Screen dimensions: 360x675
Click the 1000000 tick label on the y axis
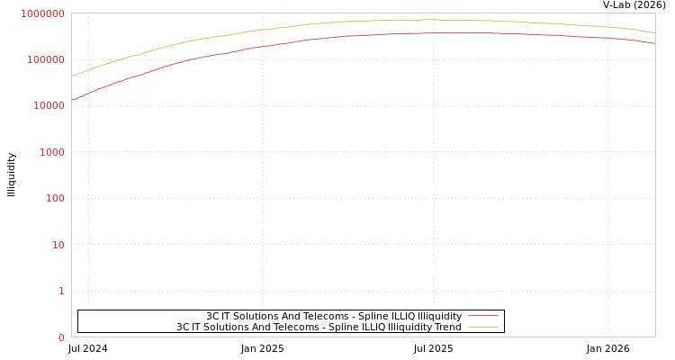pos(42,13)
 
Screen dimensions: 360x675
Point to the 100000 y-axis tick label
pos(45,59)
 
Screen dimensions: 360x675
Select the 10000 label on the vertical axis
pos(48,106)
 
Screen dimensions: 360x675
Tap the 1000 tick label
pos(51,152)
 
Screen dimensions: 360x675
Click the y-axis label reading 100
pos(54,198)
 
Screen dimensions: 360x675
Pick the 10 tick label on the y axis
pos(58,245)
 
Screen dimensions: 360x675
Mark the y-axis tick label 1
pos(61,291)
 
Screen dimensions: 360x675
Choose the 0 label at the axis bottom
pos(61,337)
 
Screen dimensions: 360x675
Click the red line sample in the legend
pos(483,317)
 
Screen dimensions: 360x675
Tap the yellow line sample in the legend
pos(483,328)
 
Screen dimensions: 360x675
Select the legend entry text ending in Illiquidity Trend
pos(319,328)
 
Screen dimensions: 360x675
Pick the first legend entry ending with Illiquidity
pos(334,317)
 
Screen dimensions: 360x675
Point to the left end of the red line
pos(72,100)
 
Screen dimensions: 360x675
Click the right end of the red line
pos(654,43)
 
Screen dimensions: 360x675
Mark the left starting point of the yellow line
pos(72,76)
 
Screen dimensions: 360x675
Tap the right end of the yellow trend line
pos(654,32)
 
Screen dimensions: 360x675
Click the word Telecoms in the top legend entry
pos(328,317)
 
